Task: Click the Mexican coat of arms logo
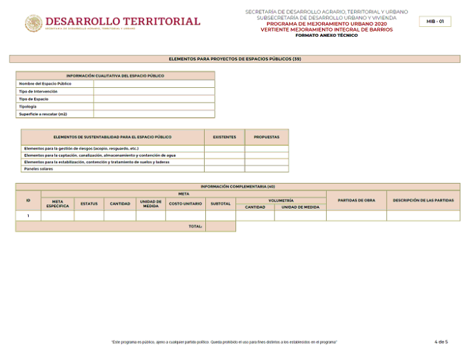[34, 23]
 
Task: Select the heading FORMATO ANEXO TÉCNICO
[326, 35]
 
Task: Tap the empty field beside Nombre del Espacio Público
[154, 84]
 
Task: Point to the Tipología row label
[28, 107]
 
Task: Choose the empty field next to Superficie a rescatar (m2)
[154, 114]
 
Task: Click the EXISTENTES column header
[224, 137]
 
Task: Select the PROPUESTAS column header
[266, 137]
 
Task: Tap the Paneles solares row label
[38, 169]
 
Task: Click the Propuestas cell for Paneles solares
[266, 169]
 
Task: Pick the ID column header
[28, 200]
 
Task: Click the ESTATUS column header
[89, 203]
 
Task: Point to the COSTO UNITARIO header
[185, 203]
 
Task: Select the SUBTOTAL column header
[221, 203]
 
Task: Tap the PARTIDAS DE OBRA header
[356, 200]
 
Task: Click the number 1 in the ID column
[28, 216]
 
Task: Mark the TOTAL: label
[195, 227]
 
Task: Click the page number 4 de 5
[441, 342]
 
